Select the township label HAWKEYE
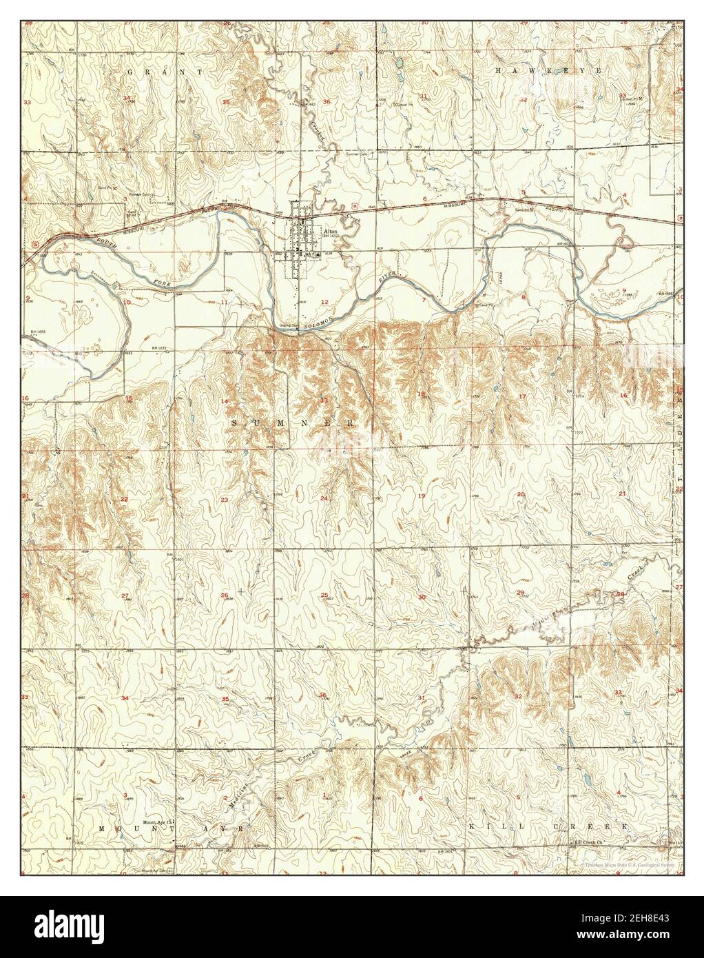click(549, 72)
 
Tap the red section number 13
click(323, 400)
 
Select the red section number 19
click(422, 496)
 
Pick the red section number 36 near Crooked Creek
click(327, 102)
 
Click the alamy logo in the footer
click(69, 921)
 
